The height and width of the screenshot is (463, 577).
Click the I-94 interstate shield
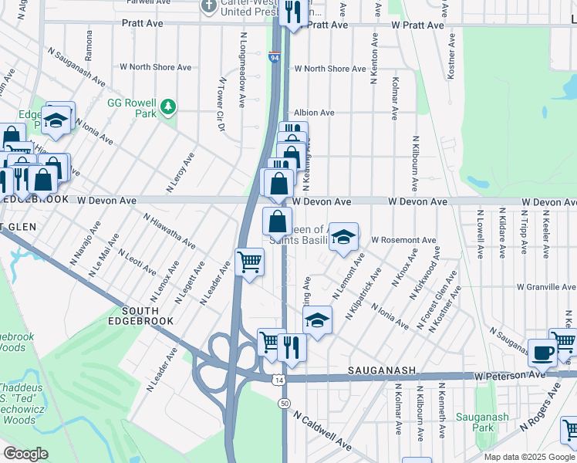(x=275, y=57)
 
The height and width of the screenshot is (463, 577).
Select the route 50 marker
(x=285, y=404)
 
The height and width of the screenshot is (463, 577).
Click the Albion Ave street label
(x=314, y=113)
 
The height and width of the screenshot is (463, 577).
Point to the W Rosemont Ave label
(x=403, y=240)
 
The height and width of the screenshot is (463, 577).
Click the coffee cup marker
(x=542, y=353)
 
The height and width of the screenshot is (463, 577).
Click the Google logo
(x=25, y=454)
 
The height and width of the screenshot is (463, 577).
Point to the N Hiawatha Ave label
(x=169, y=230)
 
